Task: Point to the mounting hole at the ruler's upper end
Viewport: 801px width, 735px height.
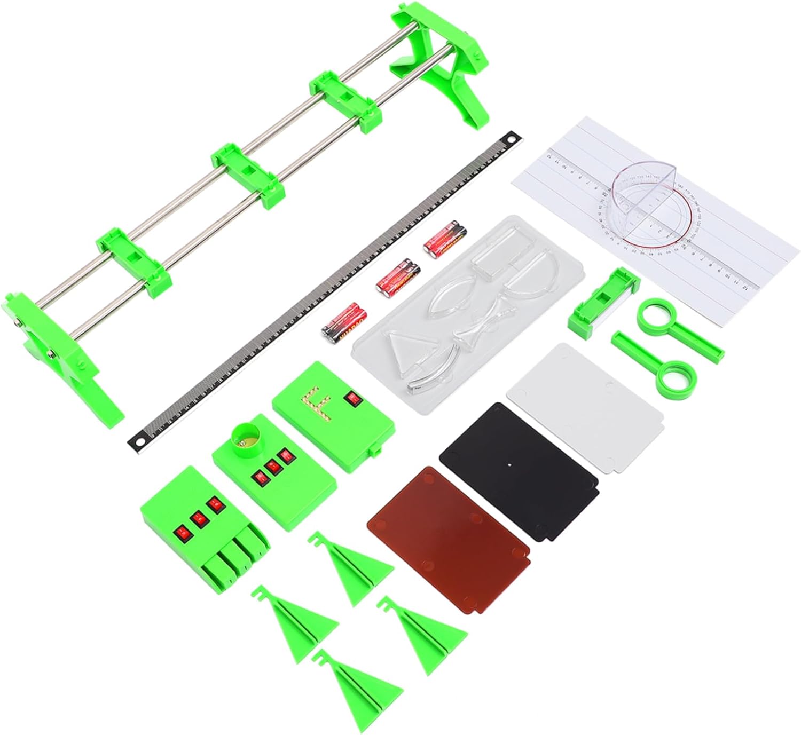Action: [x=514, y=137]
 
